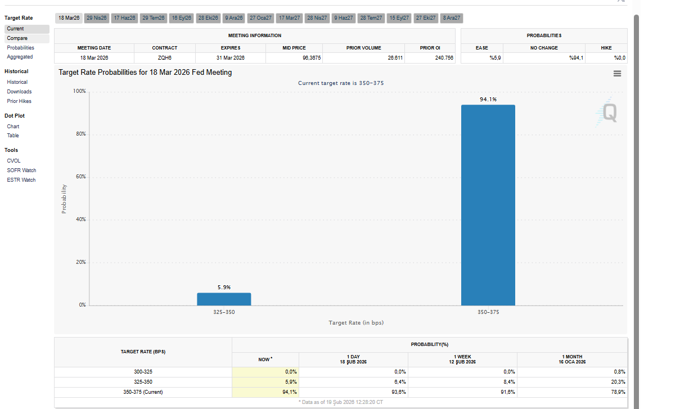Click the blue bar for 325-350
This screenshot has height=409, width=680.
224,299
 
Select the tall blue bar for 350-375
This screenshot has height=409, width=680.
488,205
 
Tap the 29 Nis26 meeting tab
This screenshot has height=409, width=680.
96,18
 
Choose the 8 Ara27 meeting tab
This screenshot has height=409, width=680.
452,18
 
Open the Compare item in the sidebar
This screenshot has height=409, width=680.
17,38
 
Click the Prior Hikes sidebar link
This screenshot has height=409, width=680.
19,101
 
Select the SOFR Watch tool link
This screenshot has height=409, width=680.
21,170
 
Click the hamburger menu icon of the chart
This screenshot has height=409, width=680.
617,73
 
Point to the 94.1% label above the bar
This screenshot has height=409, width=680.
488,100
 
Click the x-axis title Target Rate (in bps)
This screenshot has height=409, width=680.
356,323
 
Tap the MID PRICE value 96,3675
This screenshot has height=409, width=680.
312,58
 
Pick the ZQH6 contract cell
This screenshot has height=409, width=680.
165,58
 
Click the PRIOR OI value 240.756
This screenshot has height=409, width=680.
444,58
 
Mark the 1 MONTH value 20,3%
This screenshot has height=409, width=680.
617,381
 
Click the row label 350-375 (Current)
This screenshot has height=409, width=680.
143,392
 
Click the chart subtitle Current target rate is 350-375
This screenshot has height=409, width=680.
341,83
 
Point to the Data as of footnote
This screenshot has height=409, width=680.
341,402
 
